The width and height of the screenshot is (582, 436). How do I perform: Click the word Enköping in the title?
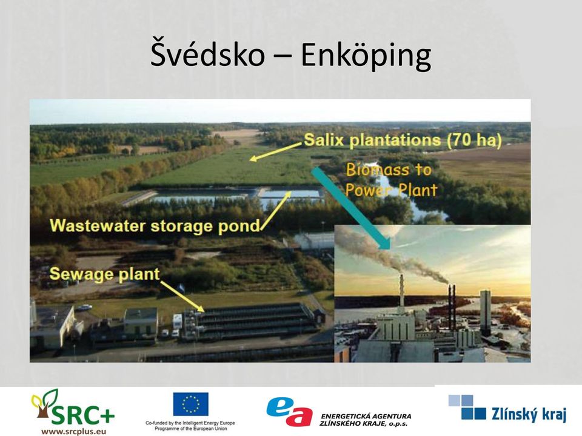click(366, 56)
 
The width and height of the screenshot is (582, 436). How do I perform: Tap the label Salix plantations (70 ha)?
click(403, 140)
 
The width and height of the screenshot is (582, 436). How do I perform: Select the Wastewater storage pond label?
click(155, 226)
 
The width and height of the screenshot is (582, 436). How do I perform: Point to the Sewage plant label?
click(105, 274)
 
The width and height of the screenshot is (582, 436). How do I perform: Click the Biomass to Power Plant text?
click(391, 180)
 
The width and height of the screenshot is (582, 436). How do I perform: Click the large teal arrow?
click(351, 208)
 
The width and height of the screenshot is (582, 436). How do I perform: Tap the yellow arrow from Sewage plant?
click(182, 296)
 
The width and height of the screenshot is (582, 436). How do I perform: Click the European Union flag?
click(191, 404)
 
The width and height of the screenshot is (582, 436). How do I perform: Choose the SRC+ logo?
click(73, 407)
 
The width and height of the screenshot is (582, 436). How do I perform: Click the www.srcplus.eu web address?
click(74, 431)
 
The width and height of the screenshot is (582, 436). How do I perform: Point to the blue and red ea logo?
click(290, 411)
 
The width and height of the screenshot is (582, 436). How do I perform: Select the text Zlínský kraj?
click(529, 414)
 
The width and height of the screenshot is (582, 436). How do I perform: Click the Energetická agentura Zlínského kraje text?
click(366, 420)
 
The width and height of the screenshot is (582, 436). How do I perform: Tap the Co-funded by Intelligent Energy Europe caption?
click(190, 426)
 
